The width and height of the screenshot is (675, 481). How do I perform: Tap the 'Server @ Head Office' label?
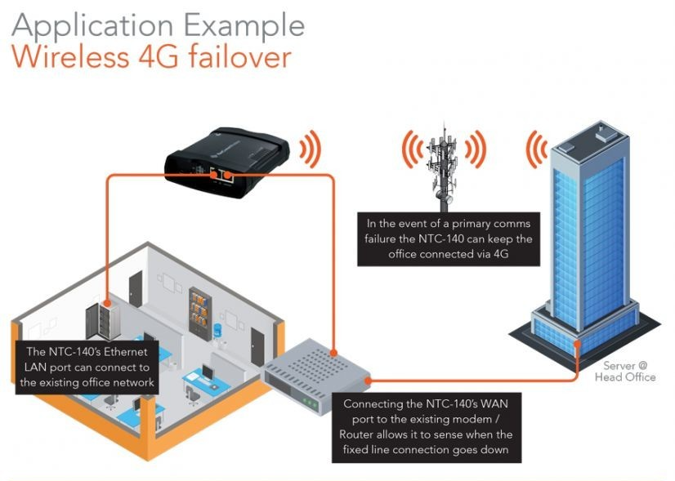tap(625, 372)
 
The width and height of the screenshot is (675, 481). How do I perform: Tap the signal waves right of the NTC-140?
tap(309, 150)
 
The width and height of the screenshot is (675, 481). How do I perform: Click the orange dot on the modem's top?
tap(335, 353)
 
